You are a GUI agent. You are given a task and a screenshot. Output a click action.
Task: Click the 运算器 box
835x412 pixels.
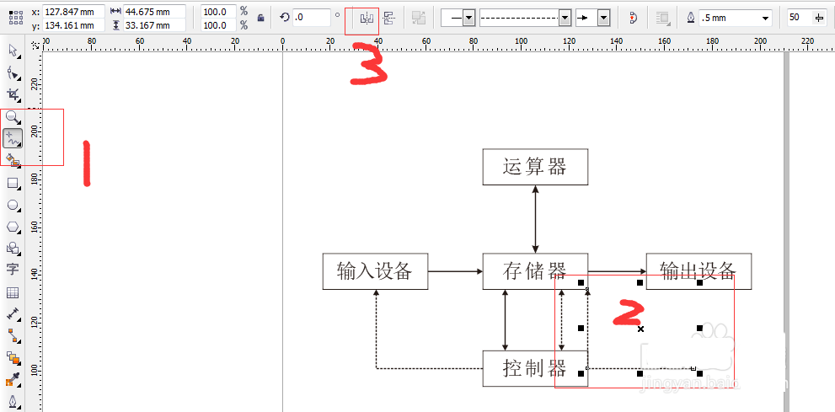[534, 167]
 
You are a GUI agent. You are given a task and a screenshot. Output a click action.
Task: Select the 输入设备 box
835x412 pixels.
[375, 271]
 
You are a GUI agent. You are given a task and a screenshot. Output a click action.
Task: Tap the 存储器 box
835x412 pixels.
[534, 271]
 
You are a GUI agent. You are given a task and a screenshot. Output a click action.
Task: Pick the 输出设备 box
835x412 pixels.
[698, 271]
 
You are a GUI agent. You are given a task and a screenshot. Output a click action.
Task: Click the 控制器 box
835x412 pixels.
[534, 368]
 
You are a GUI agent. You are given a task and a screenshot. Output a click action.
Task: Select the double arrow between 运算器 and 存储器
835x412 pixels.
[535, 218]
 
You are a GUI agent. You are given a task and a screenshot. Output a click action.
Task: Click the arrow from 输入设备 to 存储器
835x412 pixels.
[455, 271]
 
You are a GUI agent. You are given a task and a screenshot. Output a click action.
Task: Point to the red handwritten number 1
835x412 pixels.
[86, 162]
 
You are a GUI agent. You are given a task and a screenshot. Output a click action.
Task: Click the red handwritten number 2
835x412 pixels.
[628, 313]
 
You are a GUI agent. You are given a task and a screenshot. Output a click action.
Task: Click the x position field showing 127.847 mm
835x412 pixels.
[73, 12]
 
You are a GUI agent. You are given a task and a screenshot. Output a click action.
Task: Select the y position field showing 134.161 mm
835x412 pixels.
[73, 25]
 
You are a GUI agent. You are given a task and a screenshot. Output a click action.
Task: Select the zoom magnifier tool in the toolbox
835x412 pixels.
[13, 117]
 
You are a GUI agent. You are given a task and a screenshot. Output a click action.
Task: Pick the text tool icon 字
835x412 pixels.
[13, 270]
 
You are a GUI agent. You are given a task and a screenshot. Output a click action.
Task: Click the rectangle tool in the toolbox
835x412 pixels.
[13, 183]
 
